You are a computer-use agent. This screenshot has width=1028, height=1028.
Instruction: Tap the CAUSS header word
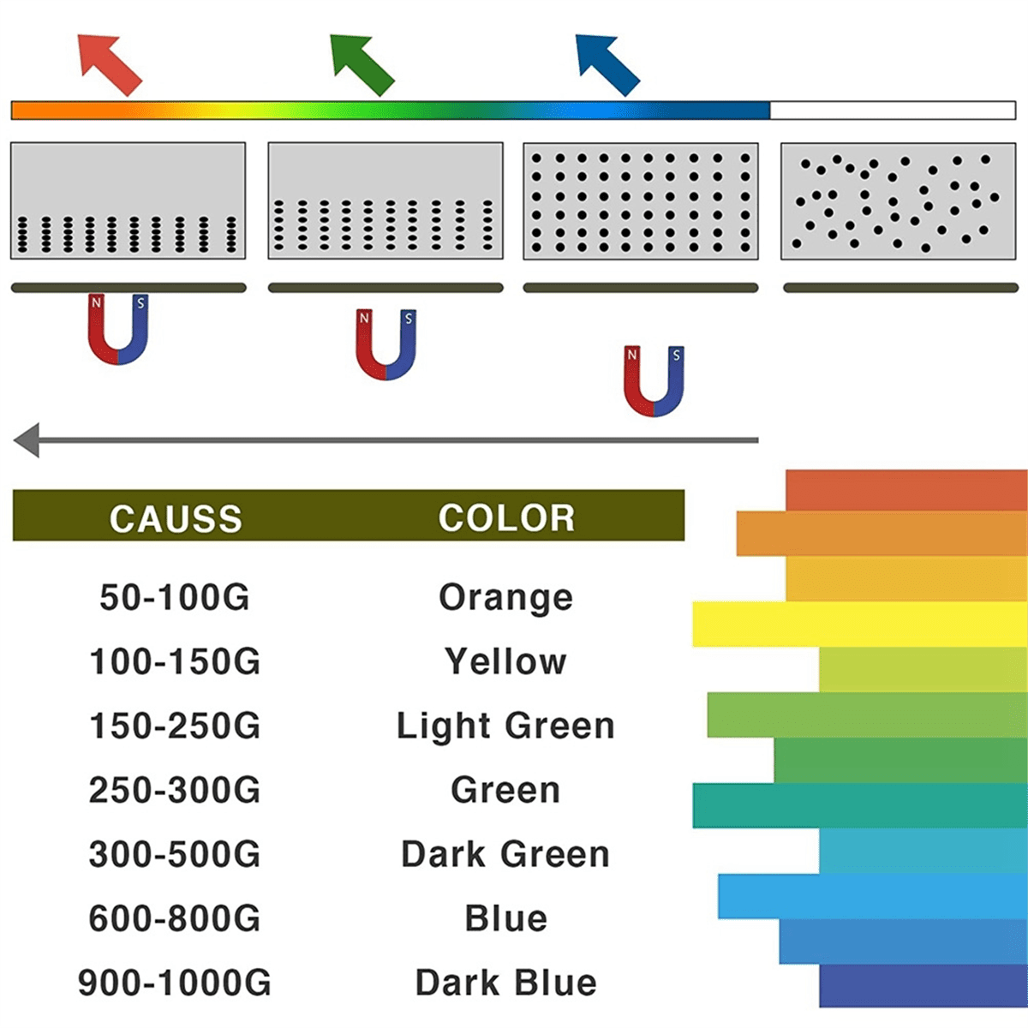[176, 518]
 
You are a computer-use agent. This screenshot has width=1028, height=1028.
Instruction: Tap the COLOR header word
[506, 517]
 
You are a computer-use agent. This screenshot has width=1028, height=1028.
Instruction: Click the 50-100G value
[175, 596]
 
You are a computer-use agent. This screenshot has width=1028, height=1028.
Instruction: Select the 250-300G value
[175, 790]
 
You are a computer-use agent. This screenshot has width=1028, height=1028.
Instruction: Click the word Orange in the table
[505, 597]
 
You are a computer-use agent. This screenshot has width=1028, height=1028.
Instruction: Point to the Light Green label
[505, 726]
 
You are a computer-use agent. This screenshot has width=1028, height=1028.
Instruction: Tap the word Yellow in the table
[505, 661]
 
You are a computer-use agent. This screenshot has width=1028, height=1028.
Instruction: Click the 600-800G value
[175, 918]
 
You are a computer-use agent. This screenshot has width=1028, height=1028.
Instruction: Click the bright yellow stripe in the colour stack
[860, 625]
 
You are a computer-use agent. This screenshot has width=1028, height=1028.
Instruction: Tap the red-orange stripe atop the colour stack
[906, 490]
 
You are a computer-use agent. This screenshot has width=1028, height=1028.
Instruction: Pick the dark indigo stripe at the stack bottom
[923, 986]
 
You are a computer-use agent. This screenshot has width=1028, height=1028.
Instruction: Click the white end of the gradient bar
[893, 111]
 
